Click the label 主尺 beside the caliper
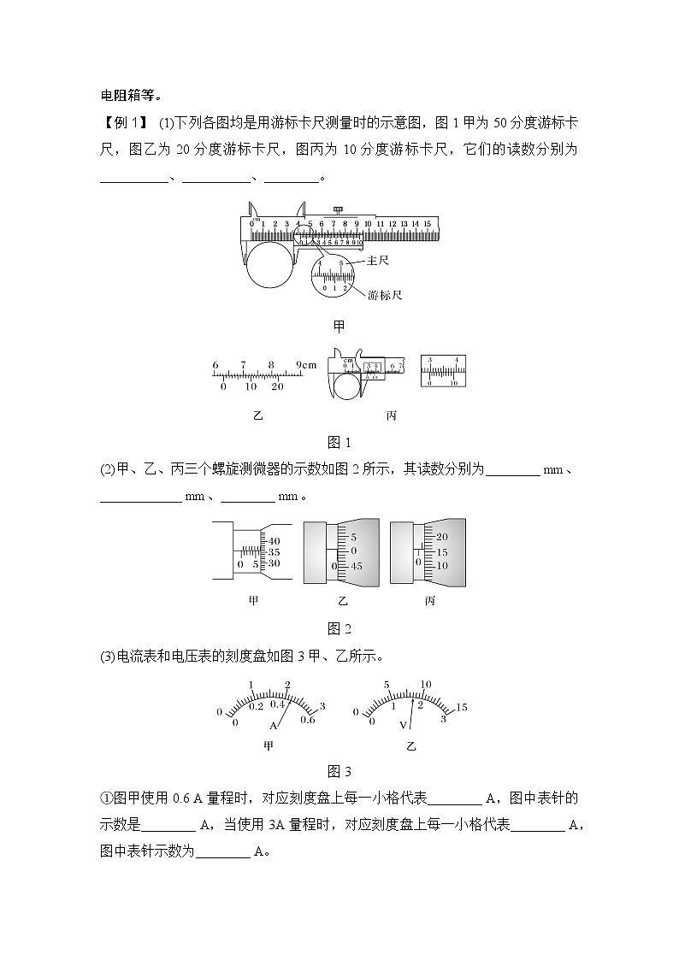click(x=377, y=260)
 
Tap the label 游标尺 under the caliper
click(x=385, y=295)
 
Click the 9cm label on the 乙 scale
click(x=305, y=365)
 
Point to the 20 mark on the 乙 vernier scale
click(x=276, y=386)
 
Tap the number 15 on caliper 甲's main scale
click(x=427, y=224)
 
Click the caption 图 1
click(x=339, y=442)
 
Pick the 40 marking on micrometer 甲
click(x=275, y=541)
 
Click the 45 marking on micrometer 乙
click(x=357, y=567)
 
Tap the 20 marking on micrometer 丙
click(x=442, y=537)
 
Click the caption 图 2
click(x=339, y=629)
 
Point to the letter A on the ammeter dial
click(x=274, y=725)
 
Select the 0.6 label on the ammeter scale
click(x=308, y=720)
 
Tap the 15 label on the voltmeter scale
click(x=461, y=707)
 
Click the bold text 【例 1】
click(x=126, y=122)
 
